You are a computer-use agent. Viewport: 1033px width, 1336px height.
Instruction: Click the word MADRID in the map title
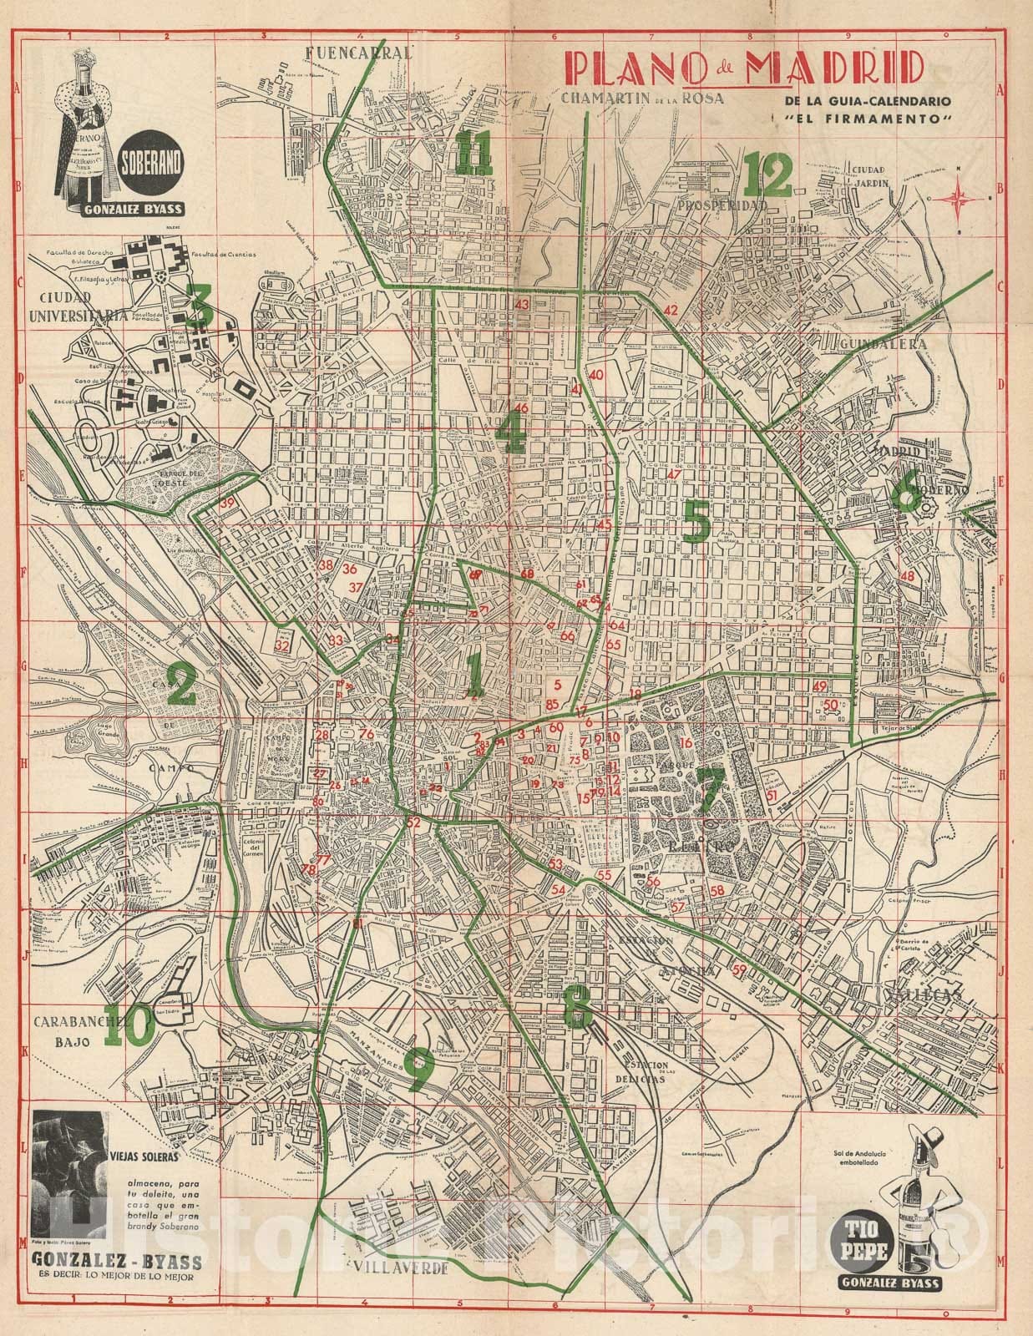(836, 69)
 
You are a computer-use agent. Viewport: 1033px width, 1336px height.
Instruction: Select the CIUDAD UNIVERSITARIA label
(76, 309)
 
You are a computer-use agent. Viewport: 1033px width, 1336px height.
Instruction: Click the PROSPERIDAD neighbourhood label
(722, 205)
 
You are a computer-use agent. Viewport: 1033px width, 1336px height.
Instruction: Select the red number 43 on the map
(523, 305)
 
